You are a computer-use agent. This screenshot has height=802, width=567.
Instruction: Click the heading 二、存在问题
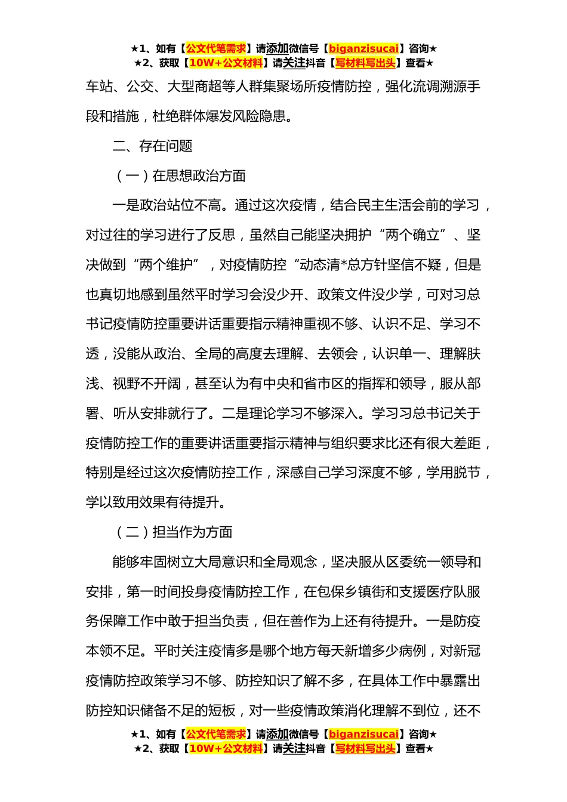[x=152, y=146]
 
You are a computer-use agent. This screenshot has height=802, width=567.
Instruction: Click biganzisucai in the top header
[x=363, y=49]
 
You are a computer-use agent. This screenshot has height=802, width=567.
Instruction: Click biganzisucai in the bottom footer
[x=363, y=735]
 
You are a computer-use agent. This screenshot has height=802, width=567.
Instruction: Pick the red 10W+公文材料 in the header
[x=226, y=63]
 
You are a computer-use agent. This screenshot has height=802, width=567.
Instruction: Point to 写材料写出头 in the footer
[x=365, y=749]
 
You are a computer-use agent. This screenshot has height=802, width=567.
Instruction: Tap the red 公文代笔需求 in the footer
[x=216, y=735]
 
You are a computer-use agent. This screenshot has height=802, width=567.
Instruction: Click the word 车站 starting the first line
[x=99, y=87]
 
